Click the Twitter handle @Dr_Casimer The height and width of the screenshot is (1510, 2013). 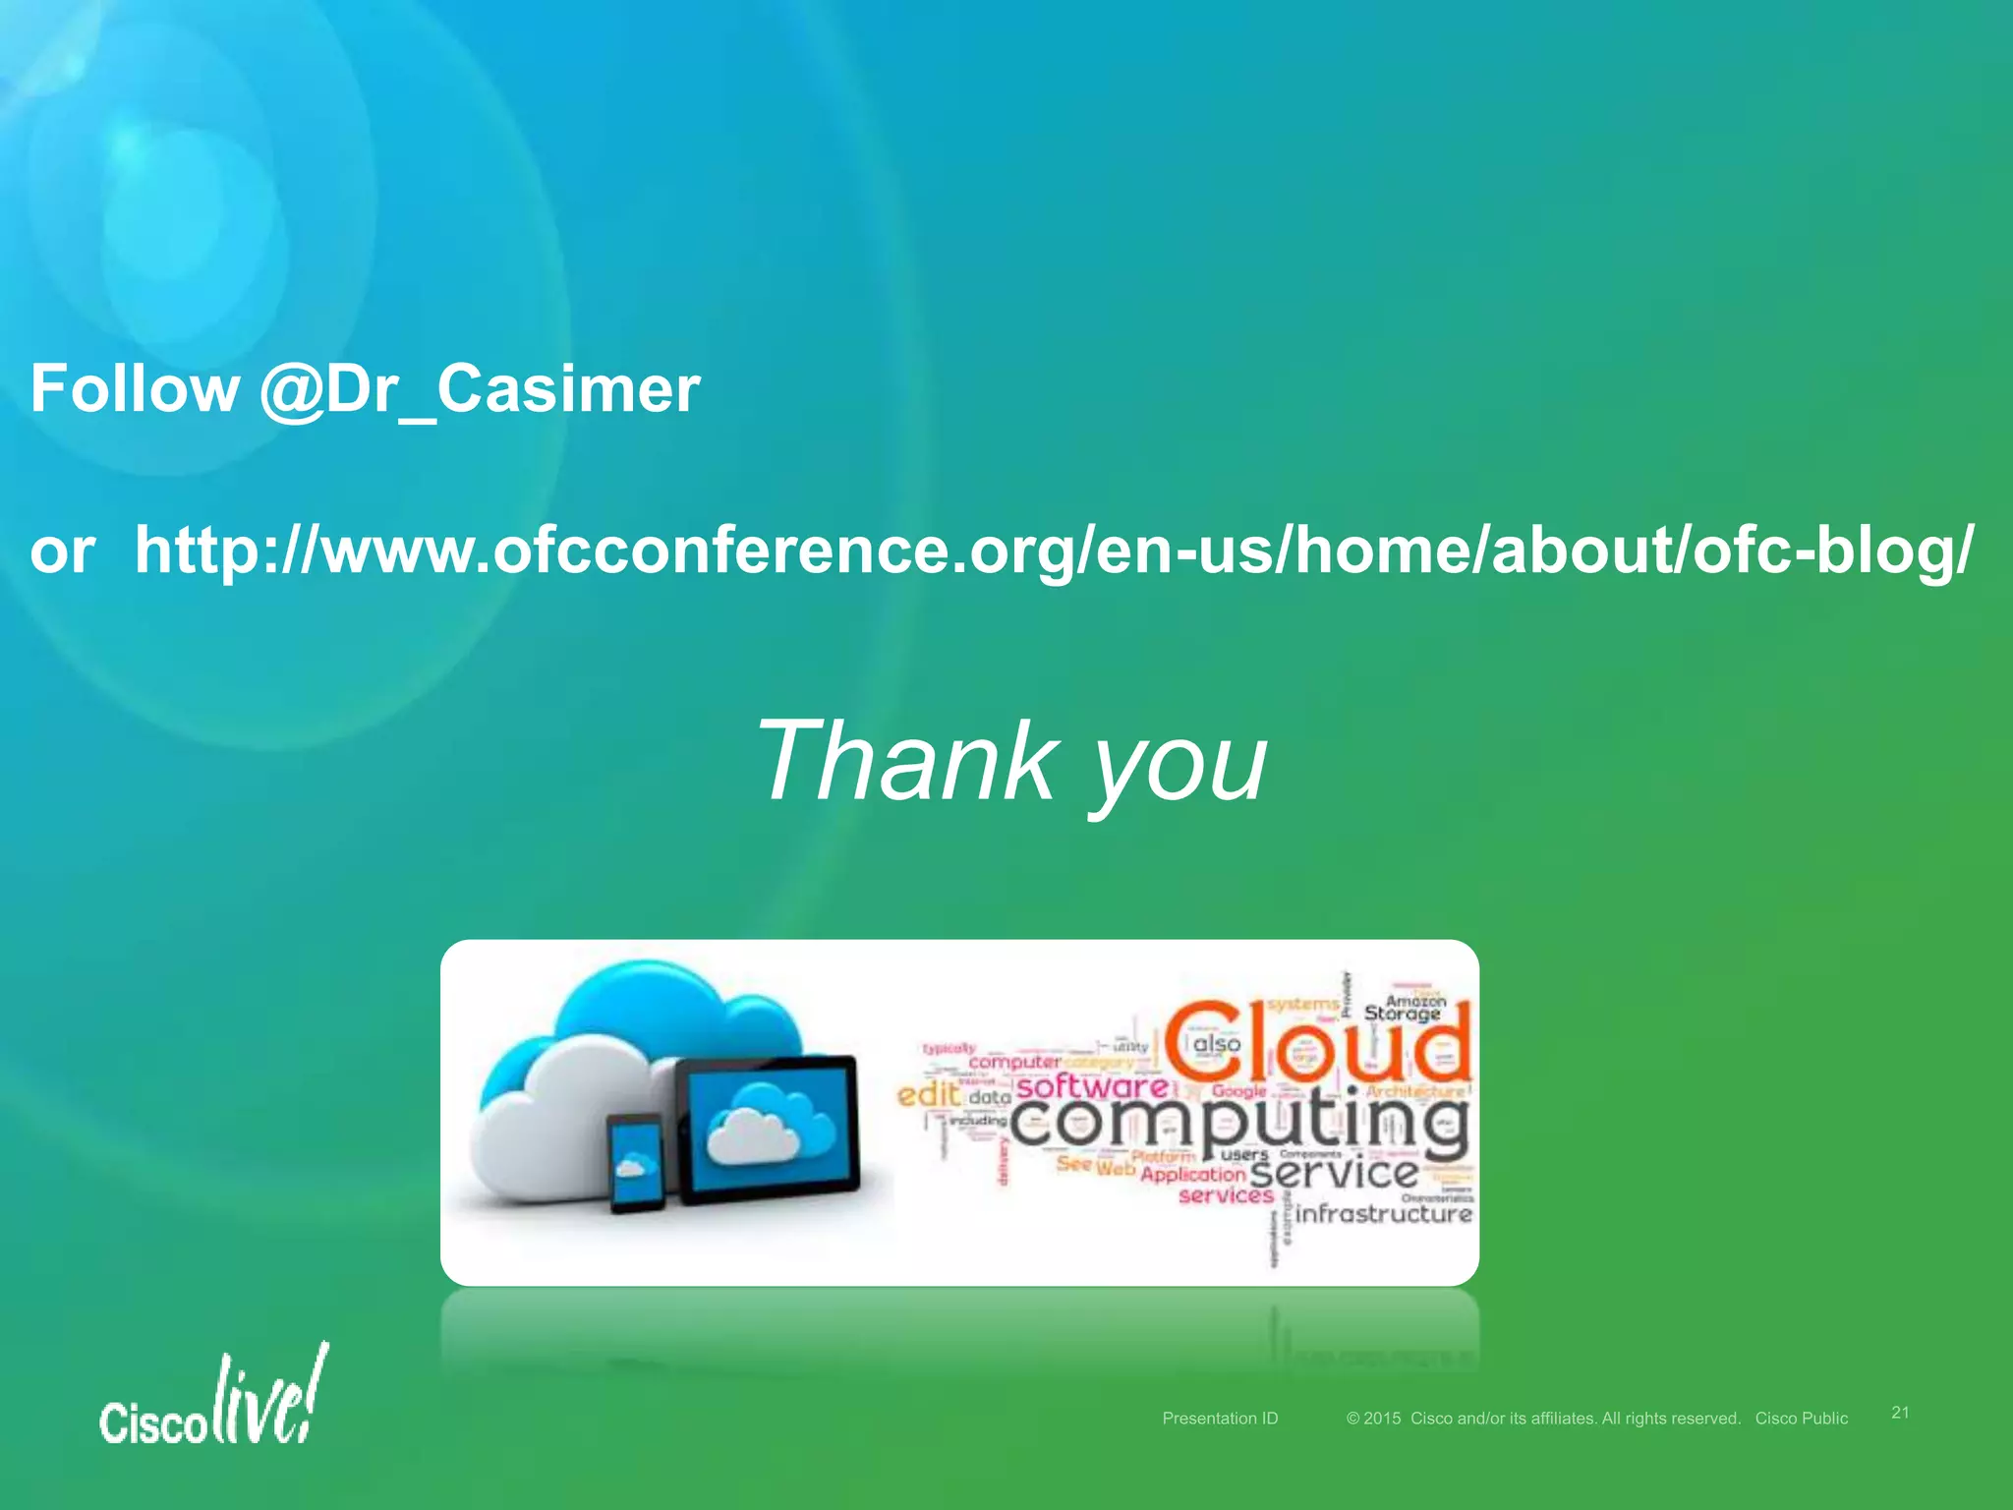pos(480,389)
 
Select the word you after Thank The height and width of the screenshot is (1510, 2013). pos(1179,767)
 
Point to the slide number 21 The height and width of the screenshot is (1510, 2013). pos(1900,1412)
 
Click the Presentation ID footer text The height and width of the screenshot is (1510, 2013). pos(1220,1418)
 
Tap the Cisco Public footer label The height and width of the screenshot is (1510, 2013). pos(1801,1418)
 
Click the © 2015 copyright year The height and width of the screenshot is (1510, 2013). pos(1374,1418)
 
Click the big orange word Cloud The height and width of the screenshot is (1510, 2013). pos(1317,1042)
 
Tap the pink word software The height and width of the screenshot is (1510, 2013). pos(1091,1086)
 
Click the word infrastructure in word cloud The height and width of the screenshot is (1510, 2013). pos(1384,1213)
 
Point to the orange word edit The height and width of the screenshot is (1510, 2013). pos(928,1094)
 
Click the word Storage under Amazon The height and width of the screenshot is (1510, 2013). pos(1402,1014)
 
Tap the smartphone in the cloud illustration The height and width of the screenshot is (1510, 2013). pos(636,1162)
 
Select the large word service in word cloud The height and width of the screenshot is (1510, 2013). pos(1333,1172)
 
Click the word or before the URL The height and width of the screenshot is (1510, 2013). pos(63,551)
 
